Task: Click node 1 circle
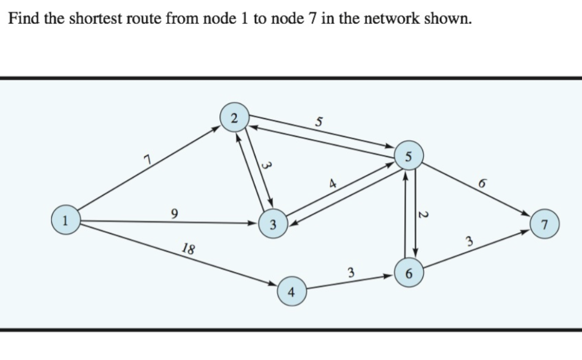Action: pyautogui.click(x=66, y=221)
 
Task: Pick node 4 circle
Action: pyautogui.click(x=292, y=293)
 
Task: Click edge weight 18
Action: pyautogui.click(x=189, y=250)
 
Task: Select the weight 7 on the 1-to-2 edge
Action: pyautogui.click(x=144, y=158)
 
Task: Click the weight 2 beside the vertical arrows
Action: pyautogui.click(x=423, y=215)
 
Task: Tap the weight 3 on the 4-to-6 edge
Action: pyautogui.click(x=350, y=271)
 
